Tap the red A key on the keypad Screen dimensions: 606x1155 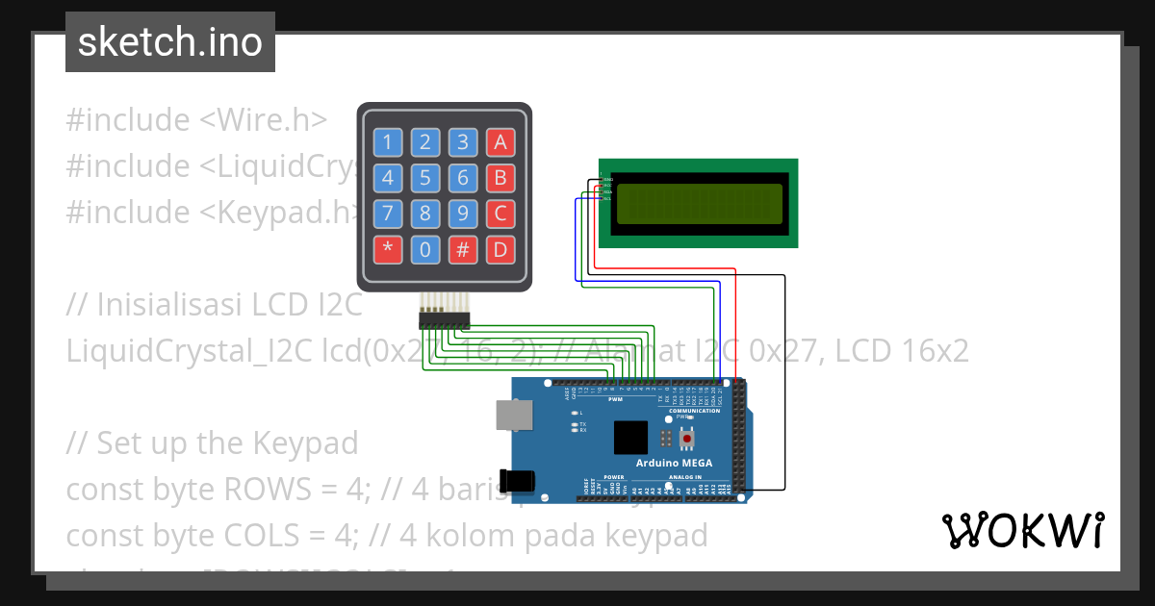pos(500,143)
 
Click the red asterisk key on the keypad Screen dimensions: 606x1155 pos(388,250)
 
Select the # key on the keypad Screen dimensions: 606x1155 pos(463,250)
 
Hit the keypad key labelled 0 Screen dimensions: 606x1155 pos(425,250)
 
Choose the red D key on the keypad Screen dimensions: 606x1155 pos(500,250)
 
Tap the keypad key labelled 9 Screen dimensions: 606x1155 pos(463,214)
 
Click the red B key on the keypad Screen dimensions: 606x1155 pos(500,178)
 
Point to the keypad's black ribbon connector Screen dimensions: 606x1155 pos(444,318)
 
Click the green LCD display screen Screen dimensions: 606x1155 pos(699,203)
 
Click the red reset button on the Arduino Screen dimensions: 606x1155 pos(687,439)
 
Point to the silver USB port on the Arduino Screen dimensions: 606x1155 pos(512,415)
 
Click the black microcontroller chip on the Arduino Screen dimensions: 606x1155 pos(631,438)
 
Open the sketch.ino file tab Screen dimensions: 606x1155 pos(170,42)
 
